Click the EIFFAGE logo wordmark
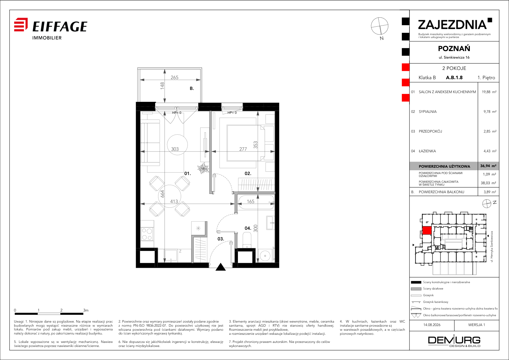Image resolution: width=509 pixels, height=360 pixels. (60, 26)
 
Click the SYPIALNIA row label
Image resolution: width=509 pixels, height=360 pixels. (427, 112)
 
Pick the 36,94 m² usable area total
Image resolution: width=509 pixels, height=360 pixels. (488, 166)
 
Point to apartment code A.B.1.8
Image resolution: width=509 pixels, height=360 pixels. (454, 78)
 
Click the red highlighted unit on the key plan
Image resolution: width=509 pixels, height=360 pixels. (427, 231)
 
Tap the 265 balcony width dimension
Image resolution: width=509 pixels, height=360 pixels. (174, 77)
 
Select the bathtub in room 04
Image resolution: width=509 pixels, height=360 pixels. (256, 202)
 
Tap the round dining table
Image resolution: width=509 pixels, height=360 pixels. (170, 196)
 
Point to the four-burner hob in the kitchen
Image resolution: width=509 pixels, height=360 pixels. (147, 234)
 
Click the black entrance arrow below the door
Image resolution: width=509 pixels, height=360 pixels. (221, 267)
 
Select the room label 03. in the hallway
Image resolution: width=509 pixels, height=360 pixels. (221, 239)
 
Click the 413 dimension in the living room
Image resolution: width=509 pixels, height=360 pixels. (174, 201)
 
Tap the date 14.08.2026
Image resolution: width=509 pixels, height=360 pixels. (432, 325)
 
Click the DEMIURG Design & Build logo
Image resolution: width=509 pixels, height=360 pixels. (454, 341)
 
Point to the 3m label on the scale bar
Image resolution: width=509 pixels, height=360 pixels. (86, 310)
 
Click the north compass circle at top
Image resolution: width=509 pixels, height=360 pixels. (380, 26)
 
